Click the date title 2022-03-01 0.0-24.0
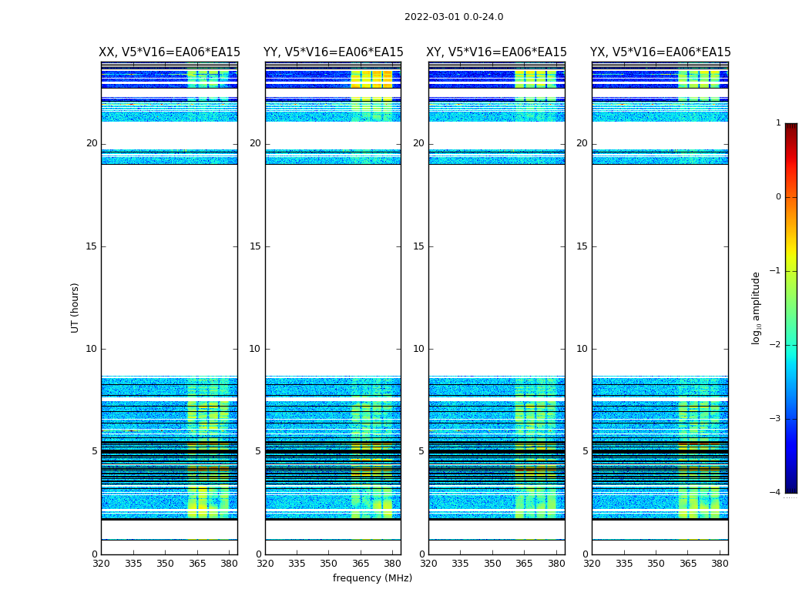tap(454, 17)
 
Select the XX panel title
tap(170, 52)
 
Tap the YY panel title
tap(333, 52)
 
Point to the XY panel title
tap(496, 52)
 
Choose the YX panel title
tap(660, 52)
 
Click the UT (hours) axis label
tap(75, 307)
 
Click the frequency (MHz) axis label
tap(372, 578)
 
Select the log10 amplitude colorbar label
tap(757, 307)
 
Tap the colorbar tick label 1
tap(777, 123)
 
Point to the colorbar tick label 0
tap(777, 197)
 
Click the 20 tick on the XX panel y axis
tap(92, 143)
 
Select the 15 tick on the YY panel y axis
tap(255, 246)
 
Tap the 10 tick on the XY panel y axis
tap(418, 349)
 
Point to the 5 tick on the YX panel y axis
tap(585, 451)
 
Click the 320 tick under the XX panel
tap(101, 564)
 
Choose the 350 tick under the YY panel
tap(328, 564)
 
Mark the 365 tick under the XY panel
tap(524, 564)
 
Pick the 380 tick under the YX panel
tap(720, 564)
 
